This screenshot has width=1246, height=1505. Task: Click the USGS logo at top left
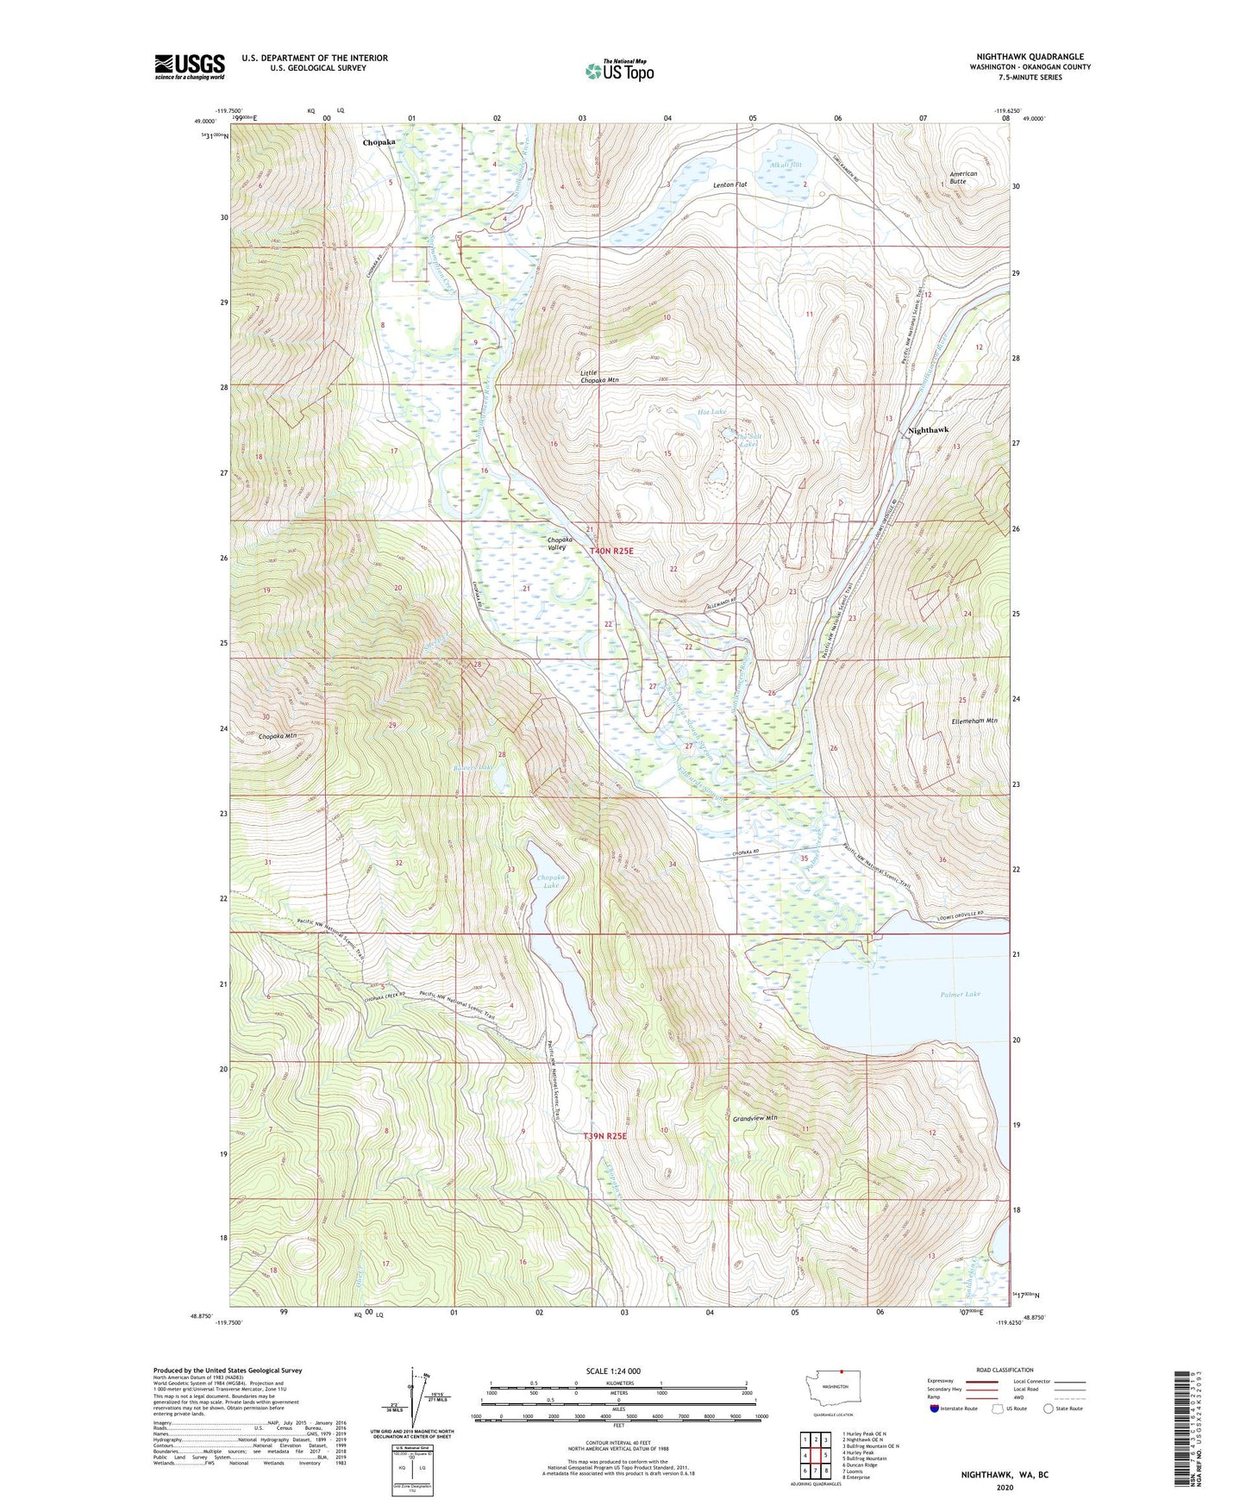(x=190, y=66)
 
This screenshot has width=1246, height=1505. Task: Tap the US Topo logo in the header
(x=619, y=71)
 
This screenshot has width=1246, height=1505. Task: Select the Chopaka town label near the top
(x=379, y=142)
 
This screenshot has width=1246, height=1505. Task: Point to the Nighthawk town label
(x=928, y=429)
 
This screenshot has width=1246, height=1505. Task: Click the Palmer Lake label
(x=960, y=994)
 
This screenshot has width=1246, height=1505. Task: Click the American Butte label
(x=963, y=178)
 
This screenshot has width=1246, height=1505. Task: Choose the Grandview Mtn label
(x=754, y=1118)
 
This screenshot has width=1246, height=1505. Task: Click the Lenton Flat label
(x=729, y=184)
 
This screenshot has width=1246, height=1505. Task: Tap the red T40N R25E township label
(x=611, y=551)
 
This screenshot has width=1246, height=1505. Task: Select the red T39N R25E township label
(x=604, y=1136)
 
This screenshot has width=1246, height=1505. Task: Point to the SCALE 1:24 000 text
(x=612, y=1371)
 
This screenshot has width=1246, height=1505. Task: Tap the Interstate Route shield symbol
(x=935, y=1409)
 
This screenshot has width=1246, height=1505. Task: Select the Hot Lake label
(x=711, y=412)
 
